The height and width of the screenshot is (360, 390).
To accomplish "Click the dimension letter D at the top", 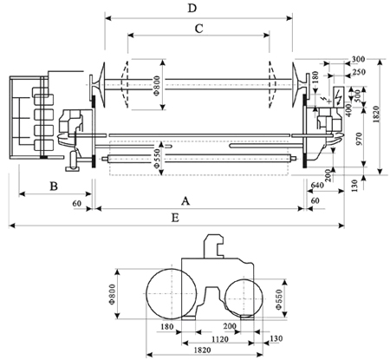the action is tap(192, 8).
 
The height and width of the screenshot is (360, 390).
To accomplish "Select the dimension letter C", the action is tap(199, 29).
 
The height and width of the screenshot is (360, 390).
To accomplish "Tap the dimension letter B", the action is tap(54, 187).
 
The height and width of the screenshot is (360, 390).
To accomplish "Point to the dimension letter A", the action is tap(185, 200).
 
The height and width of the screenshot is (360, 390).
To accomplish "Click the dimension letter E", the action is tap(175, 218).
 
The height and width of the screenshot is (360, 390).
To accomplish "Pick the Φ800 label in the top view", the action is tap(157, 86).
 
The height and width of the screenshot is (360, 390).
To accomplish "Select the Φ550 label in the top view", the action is tap(157, 159).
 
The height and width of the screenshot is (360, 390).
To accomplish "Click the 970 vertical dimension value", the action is tap(359, 139).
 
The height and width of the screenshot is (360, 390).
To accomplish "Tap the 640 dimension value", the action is tap(317, 185).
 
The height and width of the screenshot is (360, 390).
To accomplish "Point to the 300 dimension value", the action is tap(358, 59).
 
